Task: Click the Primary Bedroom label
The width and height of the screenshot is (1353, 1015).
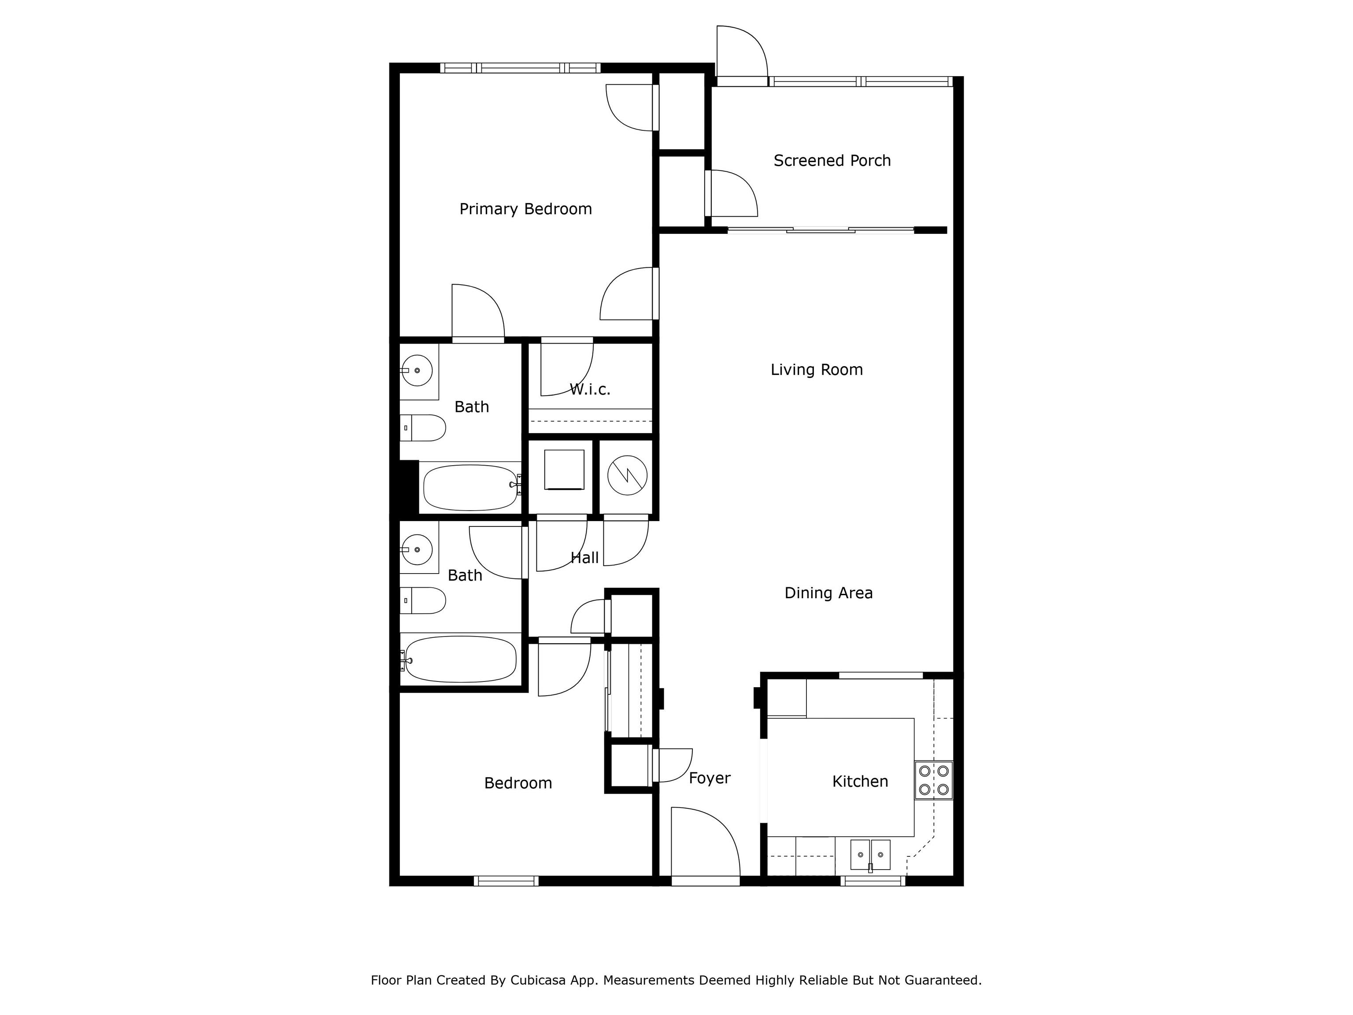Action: pos(525,209)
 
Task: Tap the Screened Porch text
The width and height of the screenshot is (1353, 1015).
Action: pos(832,160)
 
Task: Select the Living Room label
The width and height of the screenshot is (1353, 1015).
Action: pos(817,370)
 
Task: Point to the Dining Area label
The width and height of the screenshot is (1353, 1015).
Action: pos(828,593)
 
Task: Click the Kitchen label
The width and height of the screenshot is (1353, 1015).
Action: pos(860,781)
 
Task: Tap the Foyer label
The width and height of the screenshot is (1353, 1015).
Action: pos(710,778)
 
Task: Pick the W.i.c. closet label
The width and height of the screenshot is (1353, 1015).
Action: pos(590,389)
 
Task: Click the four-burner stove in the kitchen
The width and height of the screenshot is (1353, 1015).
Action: pos(933,780)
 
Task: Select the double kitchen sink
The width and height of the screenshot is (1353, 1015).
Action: pos(870,855)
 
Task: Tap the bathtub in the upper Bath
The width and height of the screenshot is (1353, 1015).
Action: pos(471,488)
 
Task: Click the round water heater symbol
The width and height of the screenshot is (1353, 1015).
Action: pos(628,477)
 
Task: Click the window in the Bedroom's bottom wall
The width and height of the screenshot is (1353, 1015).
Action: pos(506,881)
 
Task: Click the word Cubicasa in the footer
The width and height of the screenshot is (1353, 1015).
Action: pos(537,980)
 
